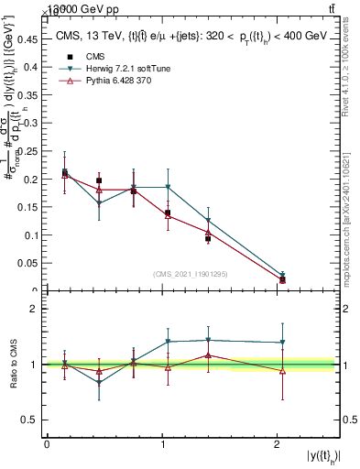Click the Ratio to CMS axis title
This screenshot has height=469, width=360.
13,364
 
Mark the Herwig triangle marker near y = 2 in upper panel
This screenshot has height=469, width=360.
282,275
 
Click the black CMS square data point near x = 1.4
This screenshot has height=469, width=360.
208,238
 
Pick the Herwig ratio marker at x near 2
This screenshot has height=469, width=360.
282,343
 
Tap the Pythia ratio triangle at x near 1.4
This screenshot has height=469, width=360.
208,354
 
